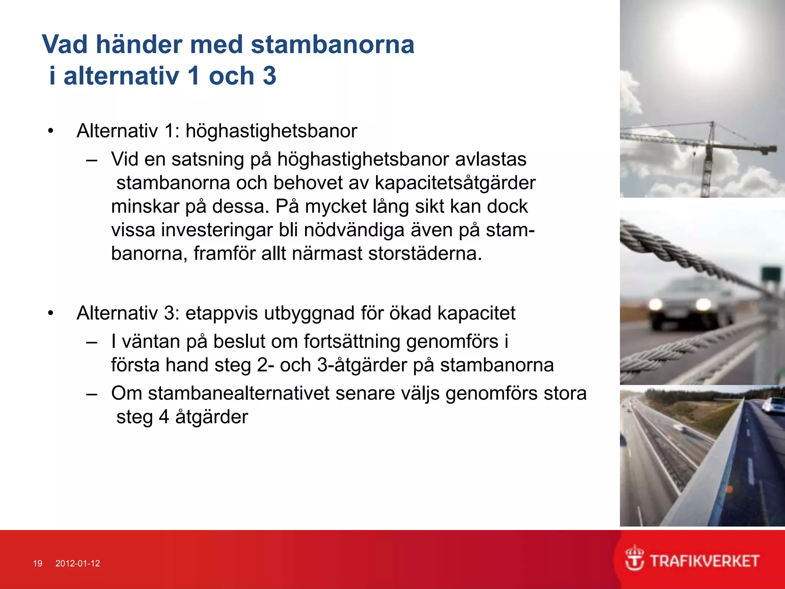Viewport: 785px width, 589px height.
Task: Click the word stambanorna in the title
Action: [332, 44]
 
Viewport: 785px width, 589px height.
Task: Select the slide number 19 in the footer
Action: [38, 563]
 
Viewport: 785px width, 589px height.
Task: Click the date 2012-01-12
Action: [77, 563]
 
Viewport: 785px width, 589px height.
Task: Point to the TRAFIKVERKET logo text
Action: [705, 561]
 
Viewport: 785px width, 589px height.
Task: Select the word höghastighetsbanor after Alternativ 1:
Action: [271, 131]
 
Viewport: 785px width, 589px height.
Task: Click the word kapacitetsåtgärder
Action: [455, 183]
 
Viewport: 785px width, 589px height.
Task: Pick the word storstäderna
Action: [425, 253]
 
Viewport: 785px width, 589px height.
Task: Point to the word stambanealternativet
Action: [238, 393]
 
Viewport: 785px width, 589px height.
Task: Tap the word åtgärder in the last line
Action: [212, 417]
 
